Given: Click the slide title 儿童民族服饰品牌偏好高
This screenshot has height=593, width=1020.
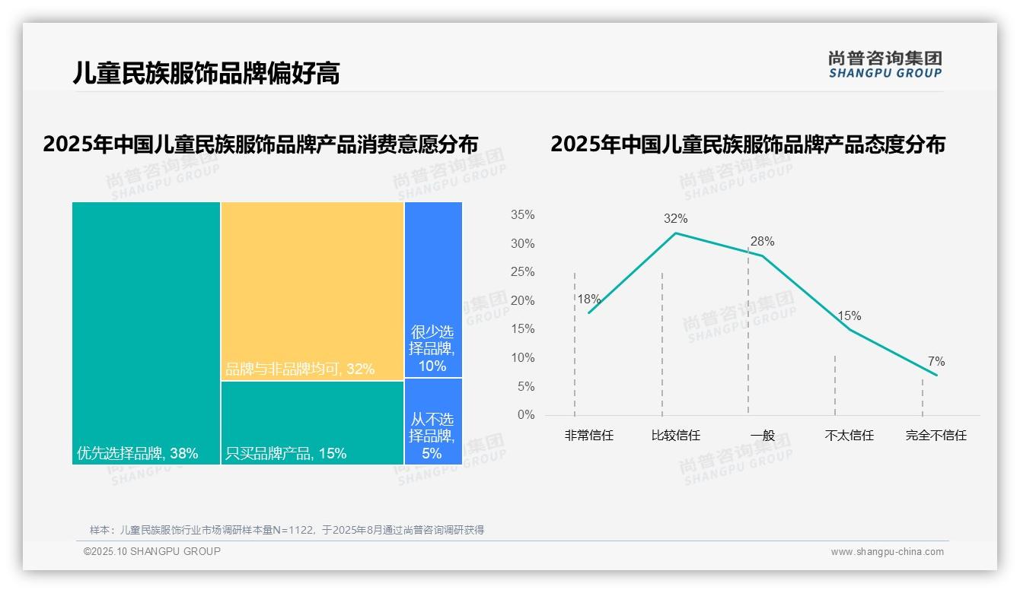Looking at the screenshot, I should click(x=206, y=73).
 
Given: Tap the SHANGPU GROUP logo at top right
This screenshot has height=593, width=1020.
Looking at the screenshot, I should click(x=885, y=65).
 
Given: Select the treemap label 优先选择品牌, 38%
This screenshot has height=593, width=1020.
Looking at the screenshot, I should click(x=137, y=454).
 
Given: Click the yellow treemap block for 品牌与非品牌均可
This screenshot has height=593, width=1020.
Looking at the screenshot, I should click(x=312, y=289).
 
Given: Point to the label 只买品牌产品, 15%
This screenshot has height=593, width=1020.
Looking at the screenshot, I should click(x=285, y=454).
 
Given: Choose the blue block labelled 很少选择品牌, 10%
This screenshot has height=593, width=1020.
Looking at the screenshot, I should click(x=432, y=349).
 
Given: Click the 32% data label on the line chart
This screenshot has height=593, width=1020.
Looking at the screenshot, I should click(x=675, y=219).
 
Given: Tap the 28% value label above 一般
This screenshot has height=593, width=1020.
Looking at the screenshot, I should click(x=762, y=242).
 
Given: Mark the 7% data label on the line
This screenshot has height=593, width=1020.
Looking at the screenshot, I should click(x=936, y=362).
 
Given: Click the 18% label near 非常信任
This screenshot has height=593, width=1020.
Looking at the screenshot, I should click(x=588, y=300).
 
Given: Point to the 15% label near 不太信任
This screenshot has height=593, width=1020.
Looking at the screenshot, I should click(x=849, y=316).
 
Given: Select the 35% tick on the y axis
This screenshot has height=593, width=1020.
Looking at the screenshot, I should click(x=522, y=215).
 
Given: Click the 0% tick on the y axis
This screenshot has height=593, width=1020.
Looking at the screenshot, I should click(x=526, y=415).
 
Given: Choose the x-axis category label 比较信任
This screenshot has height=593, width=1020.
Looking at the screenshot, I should click(x=675, y=436).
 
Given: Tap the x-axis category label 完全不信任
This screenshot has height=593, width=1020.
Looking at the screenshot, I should click(x=936, y=436).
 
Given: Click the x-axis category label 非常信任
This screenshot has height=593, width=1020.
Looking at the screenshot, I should click(x=588, y=436).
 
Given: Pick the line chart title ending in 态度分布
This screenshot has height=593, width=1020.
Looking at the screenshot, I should click(x=747, y=144).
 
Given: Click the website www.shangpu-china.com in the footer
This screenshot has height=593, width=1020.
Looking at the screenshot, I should click(x=887, y=552).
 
